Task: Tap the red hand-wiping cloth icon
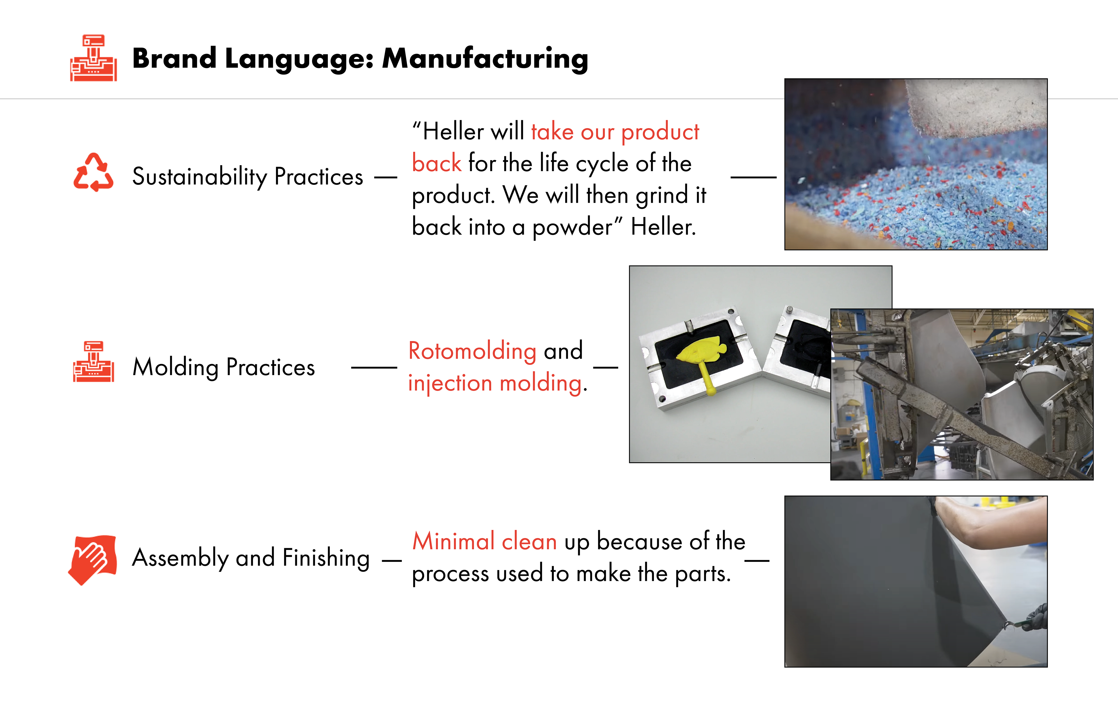click(x=93, y=559)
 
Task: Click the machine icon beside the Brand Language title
click(x=93, y=58)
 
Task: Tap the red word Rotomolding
click(x=472, y=351)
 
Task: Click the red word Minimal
click(x=453, y=541)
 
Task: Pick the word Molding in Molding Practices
click(x=175, y=367)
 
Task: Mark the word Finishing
click(x=326, y=558)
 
